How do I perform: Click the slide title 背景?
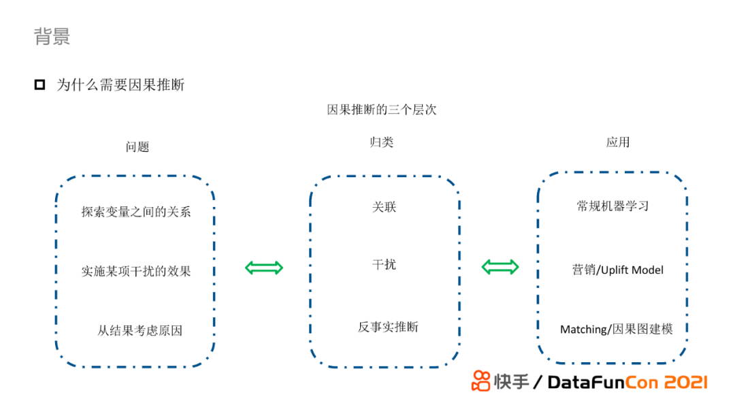(x=52, y=36)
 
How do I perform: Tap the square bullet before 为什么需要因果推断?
(x=39, y=85)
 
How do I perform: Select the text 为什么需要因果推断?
(x=120, y=85)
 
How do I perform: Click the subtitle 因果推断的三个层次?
(x=381, y=110)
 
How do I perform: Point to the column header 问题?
(x=137, y=146)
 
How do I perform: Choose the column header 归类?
(x=381, y=142)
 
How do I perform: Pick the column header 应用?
(x=618, y=142)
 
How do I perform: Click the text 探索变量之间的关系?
(x=136, y=212)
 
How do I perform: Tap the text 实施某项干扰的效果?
(x=136, y=271)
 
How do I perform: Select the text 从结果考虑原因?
(x=140, y=331)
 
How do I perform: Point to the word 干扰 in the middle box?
(x=384, y=264)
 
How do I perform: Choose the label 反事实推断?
(x=388, y=327)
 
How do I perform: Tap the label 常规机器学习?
(x=612, y=206)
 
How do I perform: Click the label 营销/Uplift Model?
(x=617, y=270)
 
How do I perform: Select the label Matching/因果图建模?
(x=616, y=329)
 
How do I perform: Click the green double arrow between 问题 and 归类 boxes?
(x=264, y=268)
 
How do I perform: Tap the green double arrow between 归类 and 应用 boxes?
(x=500, y=267)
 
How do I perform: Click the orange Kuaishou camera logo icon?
(x=481, y=381)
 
